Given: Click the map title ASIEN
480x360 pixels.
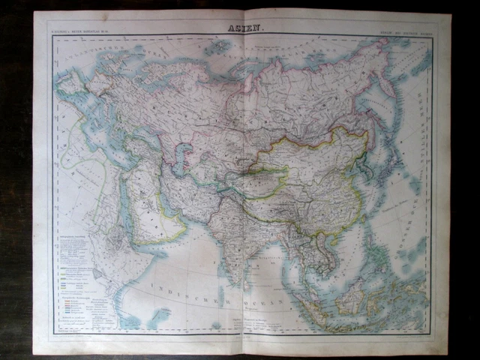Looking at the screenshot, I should (x=240, y=28).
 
